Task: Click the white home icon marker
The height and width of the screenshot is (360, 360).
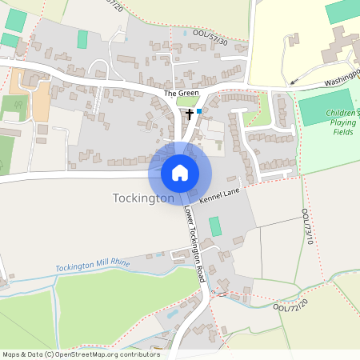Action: pos(180,172)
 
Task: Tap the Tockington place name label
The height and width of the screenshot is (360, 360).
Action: pos(143,198)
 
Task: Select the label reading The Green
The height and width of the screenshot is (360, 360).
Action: pos(181,94)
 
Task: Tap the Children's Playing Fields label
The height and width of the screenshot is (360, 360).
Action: pos(342,122)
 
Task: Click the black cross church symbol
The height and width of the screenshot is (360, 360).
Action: pos(190,114)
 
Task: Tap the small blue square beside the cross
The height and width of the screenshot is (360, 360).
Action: pos(199,112)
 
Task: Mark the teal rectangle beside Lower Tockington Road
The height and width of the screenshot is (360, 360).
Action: pos(214,226)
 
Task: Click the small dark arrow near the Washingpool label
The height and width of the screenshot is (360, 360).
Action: pos(293,81)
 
